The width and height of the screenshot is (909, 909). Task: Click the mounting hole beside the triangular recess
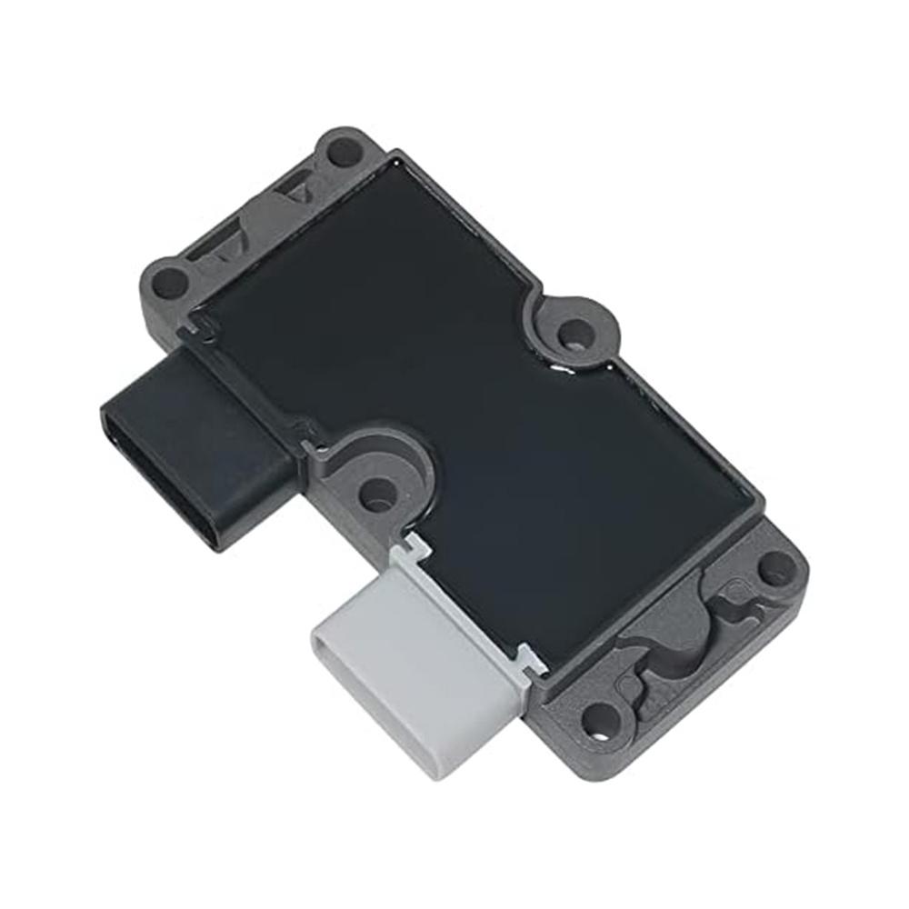pyautogui.click(x=344, y=151)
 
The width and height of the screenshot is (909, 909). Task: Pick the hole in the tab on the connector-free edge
pyautogui.click(x=571, y=333)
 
